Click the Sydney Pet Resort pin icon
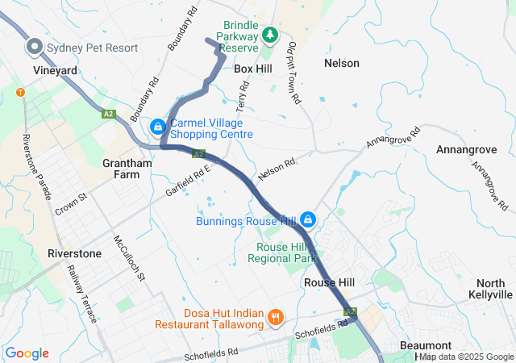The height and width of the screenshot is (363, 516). coord(35,48)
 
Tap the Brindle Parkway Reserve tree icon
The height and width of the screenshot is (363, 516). coord(270,35)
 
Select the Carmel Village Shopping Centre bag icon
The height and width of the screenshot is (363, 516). coord(157,127)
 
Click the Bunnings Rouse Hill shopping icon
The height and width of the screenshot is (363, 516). coord(308,219)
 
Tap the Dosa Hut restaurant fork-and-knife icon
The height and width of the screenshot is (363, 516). coord(275,316)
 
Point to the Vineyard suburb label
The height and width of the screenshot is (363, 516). coord(56,71)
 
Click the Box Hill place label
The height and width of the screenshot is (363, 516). coord(253,69)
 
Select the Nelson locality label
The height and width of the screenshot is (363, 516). coord(341,63)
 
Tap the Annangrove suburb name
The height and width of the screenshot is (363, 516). coord(464,150)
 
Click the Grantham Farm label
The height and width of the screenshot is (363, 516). coord(127,169)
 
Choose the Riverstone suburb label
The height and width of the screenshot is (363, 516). coord(75,253)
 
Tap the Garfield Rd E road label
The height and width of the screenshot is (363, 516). coord(188,179)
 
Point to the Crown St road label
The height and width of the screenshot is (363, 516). coord(71,204)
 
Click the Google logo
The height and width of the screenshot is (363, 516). coord(27,353)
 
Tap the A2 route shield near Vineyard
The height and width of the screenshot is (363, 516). coord(109,115)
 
